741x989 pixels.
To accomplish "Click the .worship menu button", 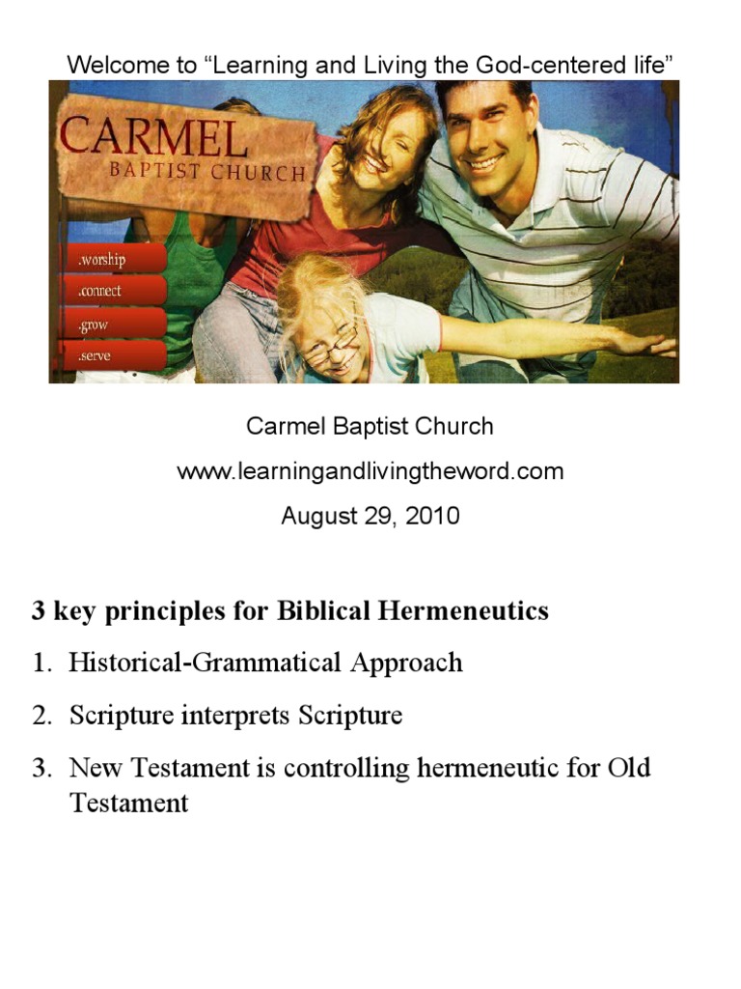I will [x=111, y=259].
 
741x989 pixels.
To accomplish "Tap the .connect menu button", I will [x=111, y=291].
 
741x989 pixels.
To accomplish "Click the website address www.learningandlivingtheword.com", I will [x=370, y=472].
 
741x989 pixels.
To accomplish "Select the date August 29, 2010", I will [x=370, y=516].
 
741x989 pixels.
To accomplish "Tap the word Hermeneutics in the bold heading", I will [x=463, y=611].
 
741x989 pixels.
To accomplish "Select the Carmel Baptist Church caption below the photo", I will [x=370, y=426].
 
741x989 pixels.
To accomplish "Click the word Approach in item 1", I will [x=406, y=663].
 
